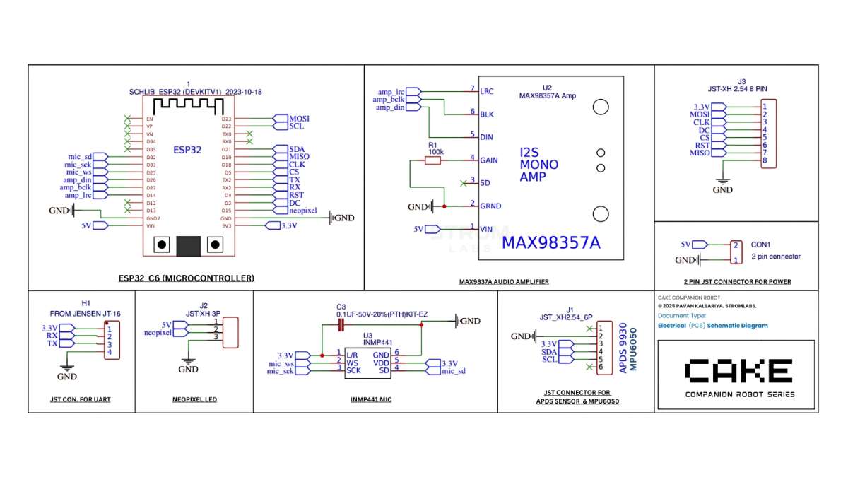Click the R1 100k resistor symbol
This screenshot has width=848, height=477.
click(x=432, y=160)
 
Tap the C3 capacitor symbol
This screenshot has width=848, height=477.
click(x=341, y=325)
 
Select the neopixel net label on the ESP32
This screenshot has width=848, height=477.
click(x=303, y=211)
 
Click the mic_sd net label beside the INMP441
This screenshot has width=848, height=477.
click(x=453, y=371)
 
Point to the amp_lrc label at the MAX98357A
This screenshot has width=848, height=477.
click(x=391, y=92)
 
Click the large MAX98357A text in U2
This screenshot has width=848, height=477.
click(x=550, y=243)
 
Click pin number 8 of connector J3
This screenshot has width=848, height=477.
click(x=765, y=160)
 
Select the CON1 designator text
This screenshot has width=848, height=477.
click(x=761, y=245)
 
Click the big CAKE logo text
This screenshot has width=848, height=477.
click(x=738, y=370)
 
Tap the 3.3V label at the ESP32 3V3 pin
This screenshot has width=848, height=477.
click(x=289, y=226)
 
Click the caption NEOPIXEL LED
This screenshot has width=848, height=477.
click(x=194, y=399)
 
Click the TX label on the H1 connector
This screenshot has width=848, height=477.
click(x=52, y=343)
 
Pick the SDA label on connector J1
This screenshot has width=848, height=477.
click(x=549, y=352)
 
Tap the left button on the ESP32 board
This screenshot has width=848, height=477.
click(x=163, y=245)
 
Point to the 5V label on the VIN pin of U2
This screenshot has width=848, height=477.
click(x=419, y=229)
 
